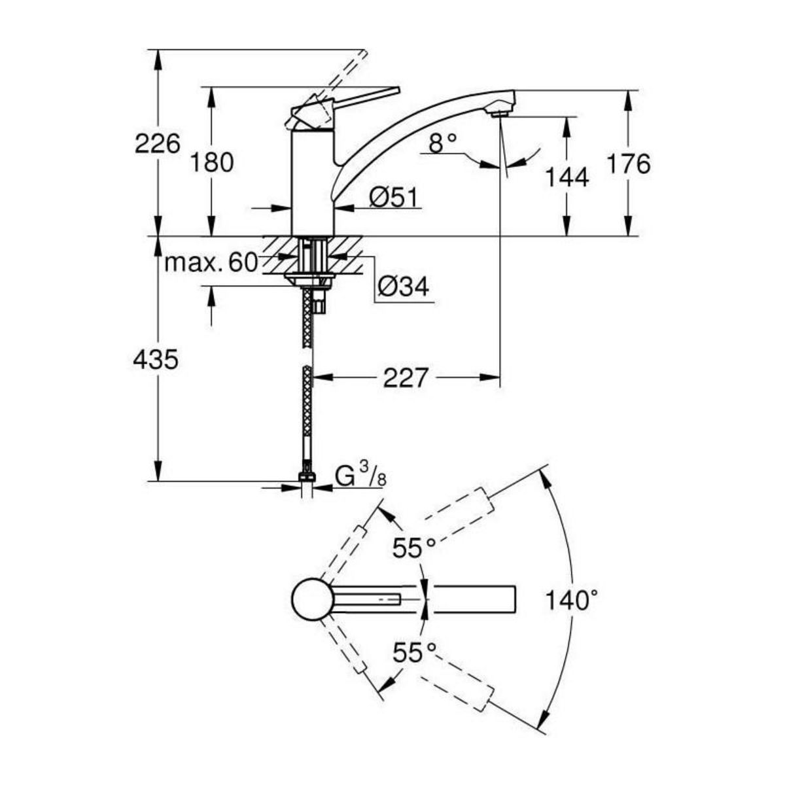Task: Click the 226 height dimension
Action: point(157,143)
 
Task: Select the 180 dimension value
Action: point(211,162)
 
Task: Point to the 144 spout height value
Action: point(567,177)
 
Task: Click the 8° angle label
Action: point(444,142)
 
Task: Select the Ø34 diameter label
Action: point(404,286)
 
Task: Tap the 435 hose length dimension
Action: point(156,359)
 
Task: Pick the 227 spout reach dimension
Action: point(406,377)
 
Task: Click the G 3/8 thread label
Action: point(360,477)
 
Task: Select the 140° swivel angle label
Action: point(573,599)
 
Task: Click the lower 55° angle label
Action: point(414,652)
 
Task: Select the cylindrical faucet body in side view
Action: point(312,183)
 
